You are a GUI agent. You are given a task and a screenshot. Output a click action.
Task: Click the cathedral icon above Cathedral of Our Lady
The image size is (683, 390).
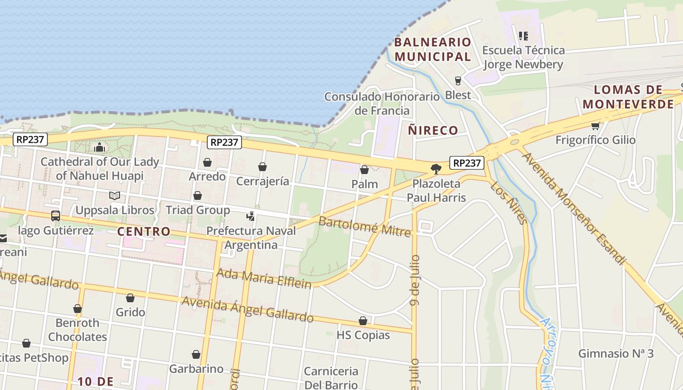coord(100,147)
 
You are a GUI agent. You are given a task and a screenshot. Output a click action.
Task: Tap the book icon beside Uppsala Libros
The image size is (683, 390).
coord(115,195)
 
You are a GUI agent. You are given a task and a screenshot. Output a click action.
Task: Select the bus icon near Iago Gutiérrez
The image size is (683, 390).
coord(56,215)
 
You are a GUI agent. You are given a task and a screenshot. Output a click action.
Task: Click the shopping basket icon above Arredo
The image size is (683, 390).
coord(207,162)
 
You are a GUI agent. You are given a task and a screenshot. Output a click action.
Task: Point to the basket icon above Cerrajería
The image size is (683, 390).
coord(262,167)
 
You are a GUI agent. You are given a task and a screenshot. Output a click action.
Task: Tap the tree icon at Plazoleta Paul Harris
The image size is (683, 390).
coord(436,169)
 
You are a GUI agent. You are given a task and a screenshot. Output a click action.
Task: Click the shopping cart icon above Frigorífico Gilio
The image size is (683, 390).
coord(595,126)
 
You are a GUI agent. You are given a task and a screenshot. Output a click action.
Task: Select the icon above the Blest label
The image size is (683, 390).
coord(458,81)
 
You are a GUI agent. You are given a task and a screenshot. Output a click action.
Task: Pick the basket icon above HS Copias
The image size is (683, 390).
coord(363,321)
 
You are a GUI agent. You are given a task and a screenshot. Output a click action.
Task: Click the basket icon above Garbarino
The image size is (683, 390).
coord(196,354)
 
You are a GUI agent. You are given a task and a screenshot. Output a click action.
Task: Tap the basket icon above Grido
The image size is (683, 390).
coord(130,298)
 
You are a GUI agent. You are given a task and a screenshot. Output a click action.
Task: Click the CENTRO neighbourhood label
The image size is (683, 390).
coord(144,232)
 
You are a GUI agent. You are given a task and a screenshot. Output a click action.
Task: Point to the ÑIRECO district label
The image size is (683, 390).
coord(433,130)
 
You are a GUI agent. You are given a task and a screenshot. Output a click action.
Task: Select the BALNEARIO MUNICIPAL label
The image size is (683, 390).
coord(433,49)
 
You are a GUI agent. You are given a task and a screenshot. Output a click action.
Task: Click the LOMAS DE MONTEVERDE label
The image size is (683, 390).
coord(628,97)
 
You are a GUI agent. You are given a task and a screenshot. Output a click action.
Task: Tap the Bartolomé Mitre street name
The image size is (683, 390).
coord(364,227)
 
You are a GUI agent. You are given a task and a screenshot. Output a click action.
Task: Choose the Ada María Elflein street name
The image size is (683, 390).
coord(263,278)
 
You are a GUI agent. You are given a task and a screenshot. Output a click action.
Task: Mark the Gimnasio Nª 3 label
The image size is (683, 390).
coord(616,353)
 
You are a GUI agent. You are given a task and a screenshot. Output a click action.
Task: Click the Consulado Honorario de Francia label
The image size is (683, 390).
coord(382,103)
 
